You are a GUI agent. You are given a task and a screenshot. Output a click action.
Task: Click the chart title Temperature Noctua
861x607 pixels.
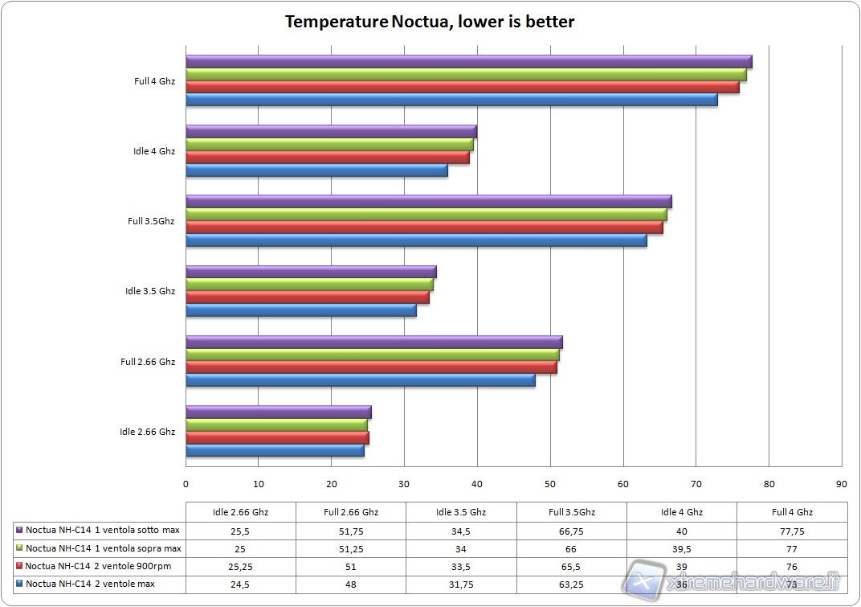point(430,22)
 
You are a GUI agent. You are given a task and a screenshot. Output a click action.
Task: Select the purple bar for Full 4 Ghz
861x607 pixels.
point(468,62)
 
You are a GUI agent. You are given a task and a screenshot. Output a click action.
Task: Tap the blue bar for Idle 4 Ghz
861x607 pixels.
point(316,170)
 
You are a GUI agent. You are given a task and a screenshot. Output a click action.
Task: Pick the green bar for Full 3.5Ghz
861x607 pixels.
point(426,215)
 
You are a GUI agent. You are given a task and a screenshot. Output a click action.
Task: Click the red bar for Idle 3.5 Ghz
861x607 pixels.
point(307,297)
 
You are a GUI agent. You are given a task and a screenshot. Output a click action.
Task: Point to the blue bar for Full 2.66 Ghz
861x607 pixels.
point(360,380)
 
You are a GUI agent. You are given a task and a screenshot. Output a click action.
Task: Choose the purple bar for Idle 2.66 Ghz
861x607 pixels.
point(278,412)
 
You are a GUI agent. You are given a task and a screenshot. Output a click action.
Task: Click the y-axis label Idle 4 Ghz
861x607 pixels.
point(154,151)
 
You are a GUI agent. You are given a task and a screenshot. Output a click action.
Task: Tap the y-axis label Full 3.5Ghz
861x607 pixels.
point(151,221)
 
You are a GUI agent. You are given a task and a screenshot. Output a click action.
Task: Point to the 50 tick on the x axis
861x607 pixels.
point(550,484)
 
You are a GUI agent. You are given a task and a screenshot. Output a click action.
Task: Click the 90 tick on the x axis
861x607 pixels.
point(841,484)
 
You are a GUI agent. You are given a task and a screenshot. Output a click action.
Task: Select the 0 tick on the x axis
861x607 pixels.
point(186,484)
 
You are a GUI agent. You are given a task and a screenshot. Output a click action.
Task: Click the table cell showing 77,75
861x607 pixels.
point(792,531)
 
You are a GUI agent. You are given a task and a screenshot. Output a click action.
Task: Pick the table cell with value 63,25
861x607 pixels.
point(571,584)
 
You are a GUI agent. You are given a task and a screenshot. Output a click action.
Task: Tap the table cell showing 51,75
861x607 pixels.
point(350,531)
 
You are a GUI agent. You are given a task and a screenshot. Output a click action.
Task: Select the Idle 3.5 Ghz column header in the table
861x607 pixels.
point(461,512)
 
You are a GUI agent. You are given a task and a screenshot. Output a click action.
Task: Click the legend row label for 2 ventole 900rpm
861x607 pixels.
point(101,566)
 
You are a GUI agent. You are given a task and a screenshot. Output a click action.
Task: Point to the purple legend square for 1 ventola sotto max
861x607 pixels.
point(19,531)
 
